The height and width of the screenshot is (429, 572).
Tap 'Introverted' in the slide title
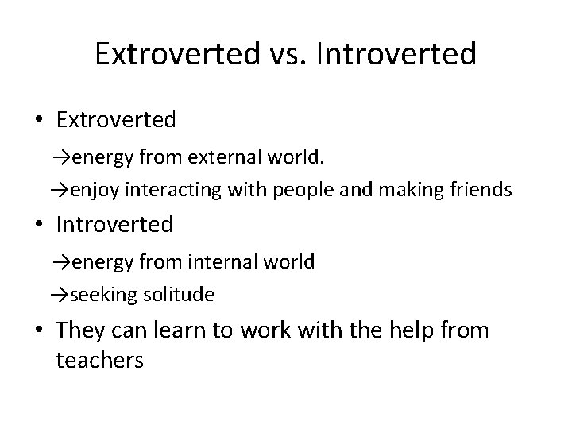pyautogui.click(x=396, y=54)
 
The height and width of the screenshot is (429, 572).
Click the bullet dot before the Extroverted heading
pyautogui.click(x=39, y=120)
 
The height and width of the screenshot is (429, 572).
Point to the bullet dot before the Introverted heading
pyautogui.click(x=39, y=225)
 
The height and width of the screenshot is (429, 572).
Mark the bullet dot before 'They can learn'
pyautogui.click(x=39, y=330)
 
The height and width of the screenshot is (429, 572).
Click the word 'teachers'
pyautogui.click(x=99, y=361)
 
